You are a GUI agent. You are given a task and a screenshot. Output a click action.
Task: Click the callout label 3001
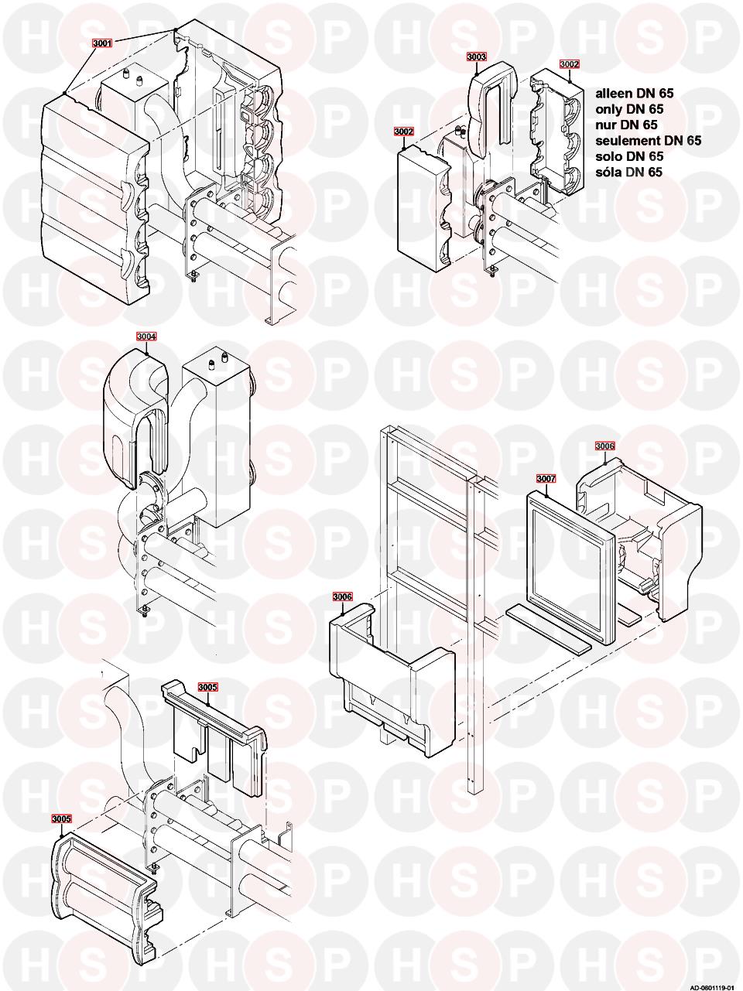[x=101, y=44]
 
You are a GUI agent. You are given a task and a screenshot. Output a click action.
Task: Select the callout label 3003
[x=477, y=56]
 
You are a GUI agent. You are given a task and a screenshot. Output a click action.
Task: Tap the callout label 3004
[x=146, y=337]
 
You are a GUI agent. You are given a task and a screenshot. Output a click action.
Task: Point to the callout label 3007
[x=546, y=478]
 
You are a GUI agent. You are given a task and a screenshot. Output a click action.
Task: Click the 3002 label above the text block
[x=570, y=63]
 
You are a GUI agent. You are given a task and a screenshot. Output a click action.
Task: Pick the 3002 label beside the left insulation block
[x=403, y=132]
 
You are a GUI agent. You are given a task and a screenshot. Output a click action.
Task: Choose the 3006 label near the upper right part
[x=604, y=446]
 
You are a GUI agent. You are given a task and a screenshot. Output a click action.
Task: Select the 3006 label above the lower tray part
[x=343, y=596]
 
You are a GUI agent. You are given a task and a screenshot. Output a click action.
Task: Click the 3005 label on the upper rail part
[x=208, y=686]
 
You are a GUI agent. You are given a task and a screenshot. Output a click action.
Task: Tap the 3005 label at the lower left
[x=61, y=818]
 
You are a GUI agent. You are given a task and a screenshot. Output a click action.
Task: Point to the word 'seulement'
[x=628, y=141]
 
